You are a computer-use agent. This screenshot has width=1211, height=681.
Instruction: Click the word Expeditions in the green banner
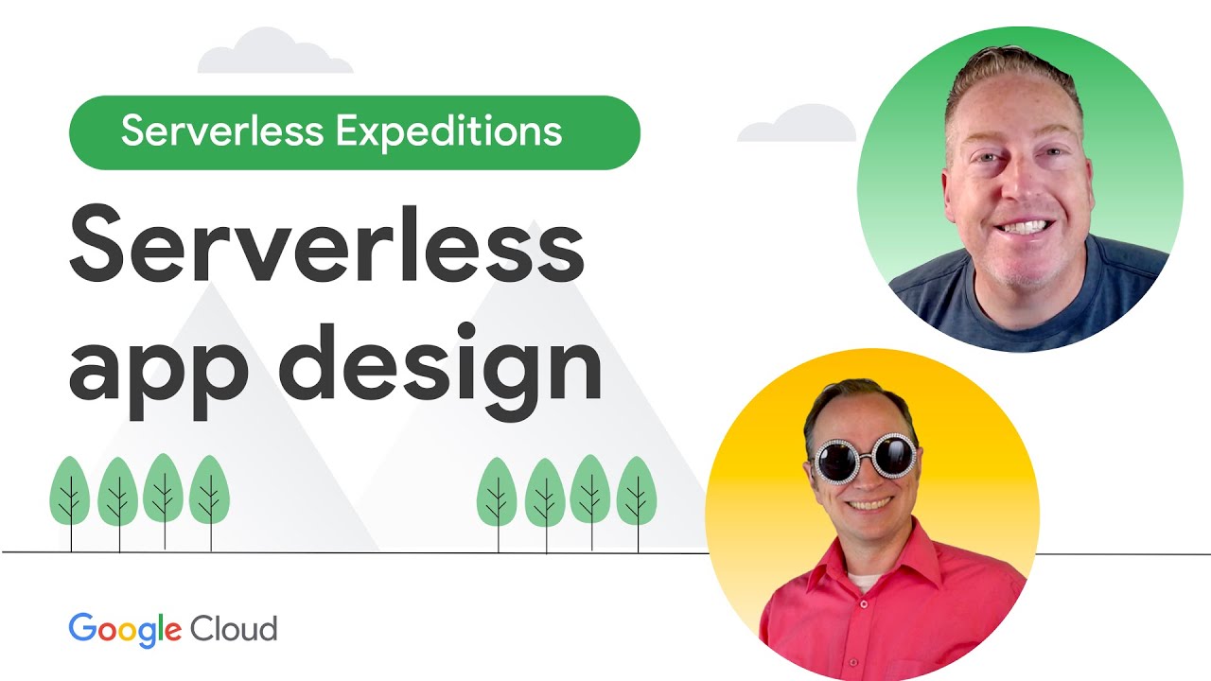coord(448,131)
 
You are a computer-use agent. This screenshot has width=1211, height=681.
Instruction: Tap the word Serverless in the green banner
coord(222,131)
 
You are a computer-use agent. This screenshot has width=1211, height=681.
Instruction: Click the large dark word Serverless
coord(326,247)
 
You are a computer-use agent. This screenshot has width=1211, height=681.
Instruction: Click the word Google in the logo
coord(125,629)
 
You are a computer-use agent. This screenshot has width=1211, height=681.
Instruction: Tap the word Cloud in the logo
coord(234,629)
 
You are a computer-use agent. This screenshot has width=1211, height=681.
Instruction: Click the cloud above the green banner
coord(274,55)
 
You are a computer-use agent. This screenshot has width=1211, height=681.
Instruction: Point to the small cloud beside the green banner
coord(797,126)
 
